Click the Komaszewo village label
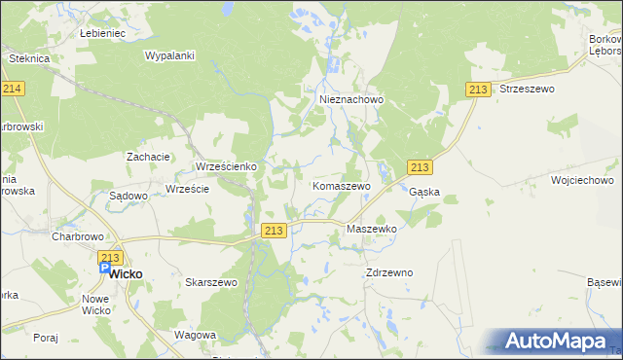[x=340, y=185]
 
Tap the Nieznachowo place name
[x=352, y=99]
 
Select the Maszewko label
[x=372, y=229]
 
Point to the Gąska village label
[x=424, y=192]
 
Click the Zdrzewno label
[x=389, y=272]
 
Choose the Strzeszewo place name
[x=526, y=89]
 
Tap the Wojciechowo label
[x=582, y=180]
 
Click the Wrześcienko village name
[x=226, y=166]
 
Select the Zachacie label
[x=149, y=156]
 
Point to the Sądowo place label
[x=128, y=196]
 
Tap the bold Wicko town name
[x=125, y=274]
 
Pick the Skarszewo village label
[x=211, y=282]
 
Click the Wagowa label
[x=195, y=335]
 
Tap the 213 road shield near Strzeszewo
[x=477, y=90]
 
